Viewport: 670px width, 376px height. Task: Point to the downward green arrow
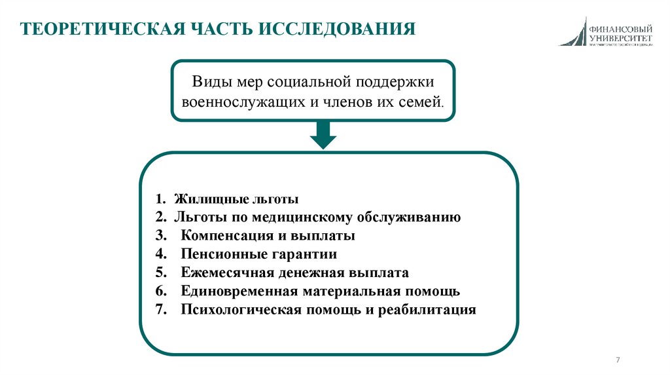[x=323, y=136]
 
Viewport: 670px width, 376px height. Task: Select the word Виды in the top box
[x=209, y=83]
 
